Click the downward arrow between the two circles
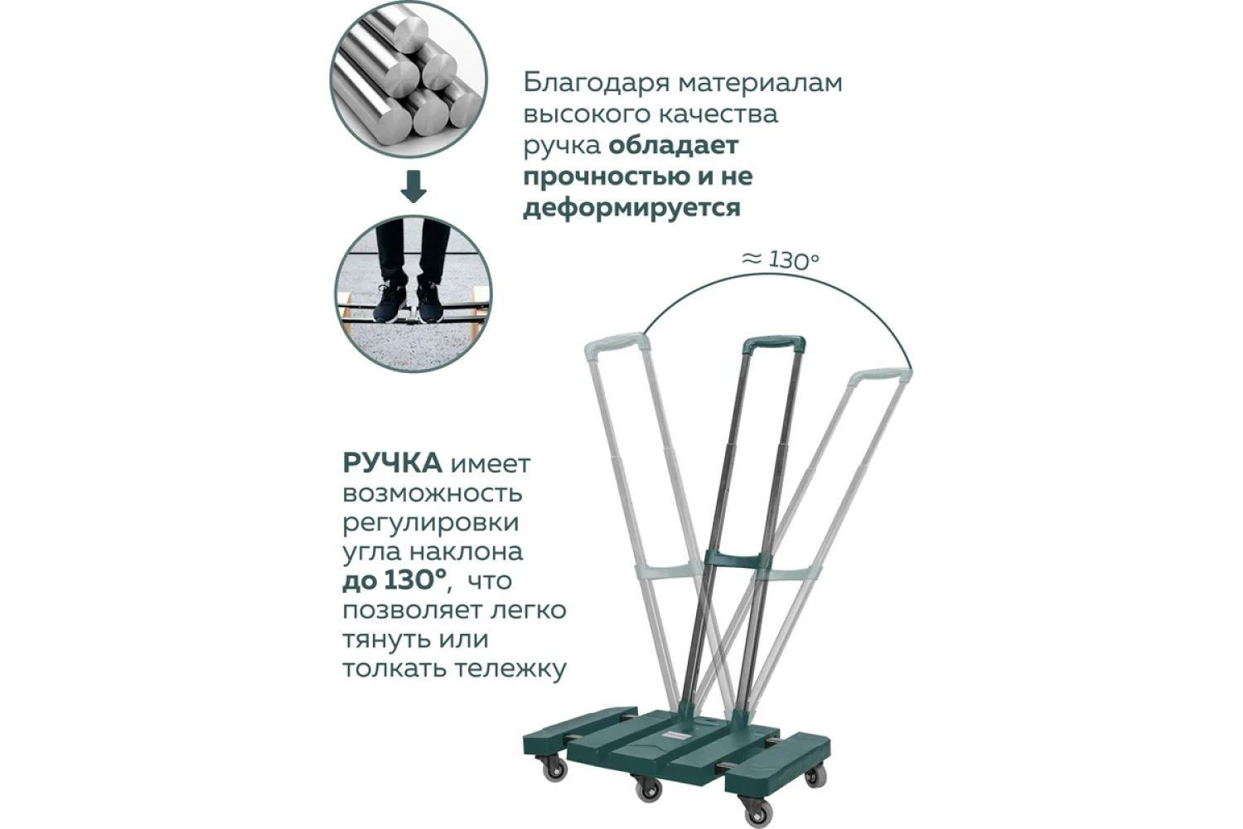414,187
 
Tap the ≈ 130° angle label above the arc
781,259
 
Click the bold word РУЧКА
392,463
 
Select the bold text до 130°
394,581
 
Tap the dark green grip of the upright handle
775,344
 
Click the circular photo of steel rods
409,80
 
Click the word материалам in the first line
760,83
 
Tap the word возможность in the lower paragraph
433,493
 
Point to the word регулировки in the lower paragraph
431,523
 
